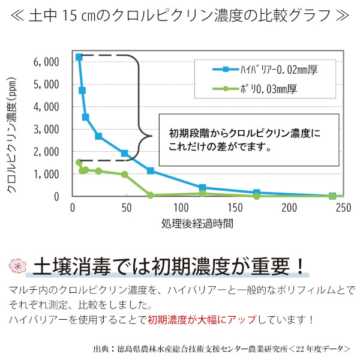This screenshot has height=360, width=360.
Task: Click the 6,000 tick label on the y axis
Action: pos(47,62)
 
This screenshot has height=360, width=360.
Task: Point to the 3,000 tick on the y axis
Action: pos(47,129)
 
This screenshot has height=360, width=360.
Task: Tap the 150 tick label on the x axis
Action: pos(235,208)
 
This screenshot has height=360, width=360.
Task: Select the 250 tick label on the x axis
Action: pos(343,208)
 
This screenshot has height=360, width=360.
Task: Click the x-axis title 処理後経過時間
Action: pos(197,224)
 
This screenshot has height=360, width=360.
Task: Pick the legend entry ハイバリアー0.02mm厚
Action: pos(265,70)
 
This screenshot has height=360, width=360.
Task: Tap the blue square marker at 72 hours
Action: pos(151,171)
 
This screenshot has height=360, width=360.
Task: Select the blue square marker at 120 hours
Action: pos(202,188)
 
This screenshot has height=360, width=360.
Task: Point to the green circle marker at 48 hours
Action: pos(124,175)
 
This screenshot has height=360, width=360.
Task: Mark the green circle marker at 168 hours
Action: pos(256,196)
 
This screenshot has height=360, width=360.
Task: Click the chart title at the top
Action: pos(180,15)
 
